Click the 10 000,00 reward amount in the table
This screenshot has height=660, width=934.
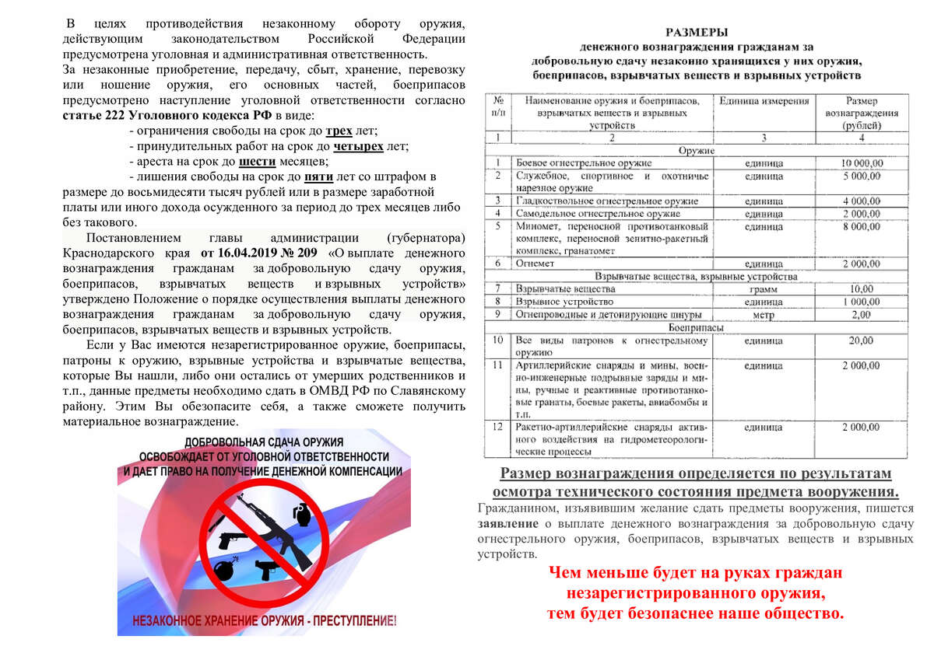click(862, 163)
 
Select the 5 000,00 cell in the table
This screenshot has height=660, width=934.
click(862, 176)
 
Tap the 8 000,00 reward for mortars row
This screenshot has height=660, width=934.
click(862, 226)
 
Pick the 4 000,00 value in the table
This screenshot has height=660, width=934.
click(862, 201)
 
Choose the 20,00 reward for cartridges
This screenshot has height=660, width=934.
click(862, 340)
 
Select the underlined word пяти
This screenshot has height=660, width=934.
click(318, 177)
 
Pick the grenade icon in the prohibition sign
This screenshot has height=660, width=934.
click(300, 512)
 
